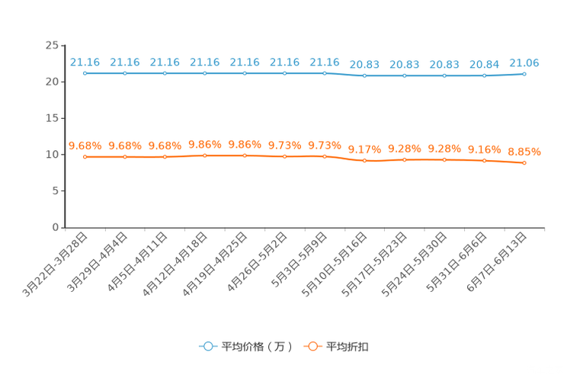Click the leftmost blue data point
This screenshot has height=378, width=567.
pyautogui.click(x=85, y=73)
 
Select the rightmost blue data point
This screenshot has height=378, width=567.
pyautogui.click(x=524, y=73)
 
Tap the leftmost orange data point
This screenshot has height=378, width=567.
pyautogui.click(x=85, y=156)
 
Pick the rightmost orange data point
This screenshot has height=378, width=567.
pyautogui.click(x=524, y=162)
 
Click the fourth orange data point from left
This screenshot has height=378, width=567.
pyautogui.click(x=205, y=155)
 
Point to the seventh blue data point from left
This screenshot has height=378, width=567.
pyautogui.click(x=325, y=73)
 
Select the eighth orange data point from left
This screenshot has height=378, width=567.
pyautogui.click(x=365, y=161)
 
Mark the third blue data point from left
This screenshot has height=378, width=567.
pyautogui.click(x=165, y=73)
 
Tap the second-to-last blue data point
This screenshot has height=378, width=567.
pyautogui.click(x=484, y=75)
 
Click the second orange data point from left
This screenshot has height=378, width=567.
pyautogui.click(x=124, y=156)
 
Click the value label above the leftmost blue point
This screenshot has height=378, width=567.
pyautogui.click(x=85, y=62)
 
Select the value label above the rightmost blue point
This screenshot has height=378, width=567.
pyautogui.click(x=524, y=62)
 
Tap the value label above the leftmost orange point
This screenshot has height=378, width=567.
pyautogui.click(x=85, y=145)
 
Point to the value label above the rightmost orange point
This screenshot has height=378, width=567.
pyautogui.click(x=524, y=151)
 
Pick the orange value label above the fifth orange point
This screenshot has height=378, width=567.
pyautogui.click(x=245, y=144)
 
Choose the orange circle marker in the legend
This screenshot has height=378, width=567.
pyautogui.click(x=312, y=346)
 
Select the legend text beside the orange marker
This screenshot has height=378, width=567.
pyautogui.click(x=348, y=347)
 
